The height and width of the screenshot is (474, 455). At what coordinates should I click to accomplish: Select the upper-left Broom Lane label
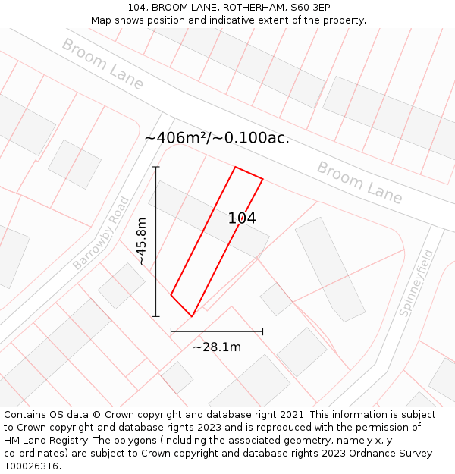coord(102,64)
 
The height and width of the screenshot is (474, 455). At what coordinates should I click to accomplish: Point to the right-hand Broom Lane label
coord(359,182)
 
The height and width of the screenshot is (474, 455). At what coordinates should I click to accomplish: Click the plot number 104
coord(242,218)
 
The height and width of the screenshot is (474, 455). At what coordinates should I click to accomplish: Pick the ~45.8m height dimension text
coord(141,241)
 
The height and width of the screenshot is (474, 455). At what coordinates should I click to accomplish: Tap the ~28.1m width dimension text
coord(217,347)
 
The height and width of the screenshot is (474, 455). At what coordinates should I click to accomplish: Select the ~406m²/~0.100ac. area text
coord(217,138)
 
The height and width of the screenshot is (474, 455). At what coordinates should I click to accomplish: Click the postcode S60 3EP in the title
coord(310,7)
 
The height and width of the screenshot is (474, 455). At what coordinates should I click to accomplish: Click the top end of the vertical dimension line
coord(156,167)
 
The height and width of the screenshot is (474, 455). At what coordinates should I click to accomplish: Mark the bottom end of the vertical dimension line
coord(156,316)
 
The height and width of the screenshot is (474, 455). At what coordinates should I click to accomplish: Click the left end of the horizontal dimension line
coord(171,331)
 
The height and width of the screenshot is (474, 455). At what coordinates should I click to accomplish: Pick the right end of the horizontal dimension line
coord(263,331)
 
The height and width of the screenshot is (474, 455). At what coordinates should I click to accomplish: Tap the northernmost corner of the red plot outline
coord(236,167)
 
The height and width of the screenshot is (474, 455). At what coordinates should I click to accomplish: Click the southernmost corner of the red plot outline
coord(192,316)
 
